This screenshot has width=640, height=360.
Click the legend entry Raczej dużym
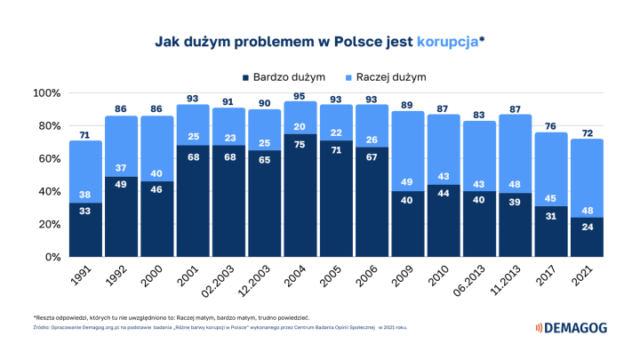pos(388,77)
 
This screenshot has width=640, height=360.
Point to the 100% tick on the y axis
pos(45,93)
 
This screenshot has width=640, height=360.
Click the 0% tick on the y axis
pos(51,257)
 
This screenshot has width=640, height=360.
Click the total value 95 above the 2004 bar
pos(300,97)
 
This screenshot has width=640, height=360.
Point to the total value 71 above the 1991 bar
pos(85,135)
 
